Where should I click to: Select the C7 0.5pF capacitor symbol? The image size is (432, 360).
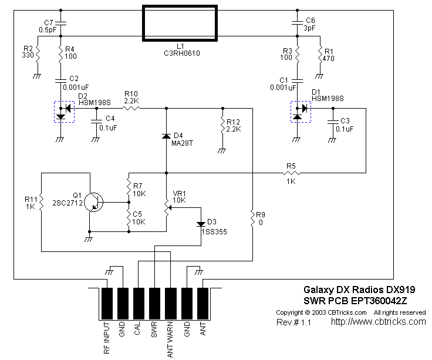click(61, 23)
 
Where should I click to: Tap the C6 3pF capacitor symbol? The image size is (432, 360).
click(298, 23)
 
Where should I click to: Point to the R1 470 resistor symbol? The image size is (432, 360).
click(321, 56)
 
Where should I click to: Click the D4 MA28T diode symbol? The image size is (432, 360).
click(167, 136)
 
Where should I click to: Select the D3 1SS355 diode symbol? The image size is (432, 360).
click(201, 223)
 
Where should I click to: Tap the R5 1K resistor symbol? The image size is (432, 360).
click(291, 173)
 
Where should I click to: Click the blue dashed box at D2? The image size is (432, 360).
click(65, 112)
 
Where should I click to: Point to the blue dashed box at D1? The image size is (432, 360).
click(302, 112)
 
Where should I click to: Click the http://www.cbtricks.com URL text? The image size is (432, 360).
click(378, 322)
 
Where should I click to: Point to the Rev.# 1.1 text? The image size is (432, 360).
click(295, 322)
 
